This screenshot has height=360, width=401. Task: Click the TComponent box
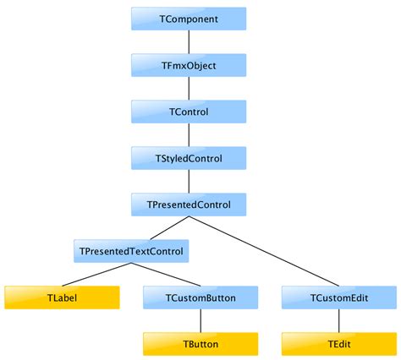pyautogui.click(x=189, y=19)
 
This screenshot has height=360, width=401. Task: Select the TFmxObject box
pyautogui.click(x=189, y=65)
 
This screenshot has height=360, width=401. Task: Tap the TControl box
pyautogui.click(x=189, y=112)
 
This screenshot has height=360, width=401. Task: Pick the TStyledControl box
pyautogui.click(x=189, y=158)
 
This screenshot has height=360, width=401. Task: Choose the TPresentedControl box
pyautogui.click(x=189, y=205)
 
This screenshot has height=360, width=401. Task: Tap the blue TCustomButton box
pyautogui.click(x=200, y=297)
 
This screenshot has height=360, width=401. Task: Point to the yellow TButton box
pyautogui.click(x=200, y=344)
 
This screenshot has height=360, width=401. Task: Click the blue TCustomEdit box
pyautogui.click(x=338, y=297)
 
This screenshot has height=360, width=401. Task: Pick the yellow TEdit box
pyautogui.click(x=338, y=344)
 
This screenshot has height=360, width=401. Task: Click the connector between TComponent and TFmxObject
pyautogui.click(x=189, y=42)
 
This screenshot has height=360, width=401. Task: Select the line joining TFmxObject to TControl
pyautogui.click(x=189, y=89)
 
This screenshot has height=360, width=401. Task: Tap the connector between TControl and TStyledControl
pyautogui.click(x=189, y=135)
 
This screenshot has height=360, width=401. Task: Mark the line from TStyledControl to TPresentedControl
pyautogui.click(x=189, y=182)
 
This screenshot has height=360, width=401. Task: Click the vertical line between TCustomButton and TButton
pyautogui.click(x=200, y=321)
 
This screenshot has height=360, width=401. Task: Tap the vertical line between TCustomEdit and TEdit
pyautogui.click(x=338, y=321)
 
